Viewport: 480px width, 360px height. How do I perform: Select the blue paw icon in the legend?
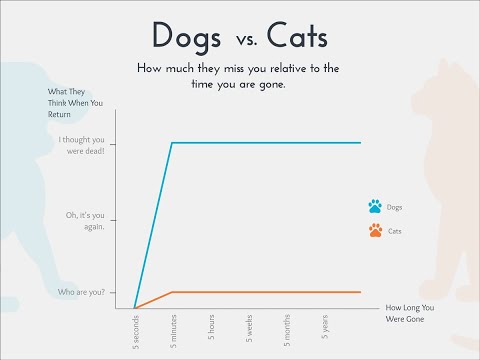375,207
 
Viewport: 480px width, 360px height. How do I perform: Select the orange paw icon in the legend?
375,230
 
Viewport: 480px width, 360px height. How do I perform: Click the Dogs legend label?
395,208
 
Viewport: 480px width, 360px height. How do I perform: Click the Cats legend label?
395,231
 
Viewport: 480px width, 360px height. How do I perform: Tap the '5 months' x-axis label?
287,327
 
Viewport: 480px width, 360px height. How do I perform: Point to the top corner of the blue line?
172,143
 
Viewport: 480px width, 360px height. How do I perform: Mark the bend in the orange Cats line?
172,292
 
